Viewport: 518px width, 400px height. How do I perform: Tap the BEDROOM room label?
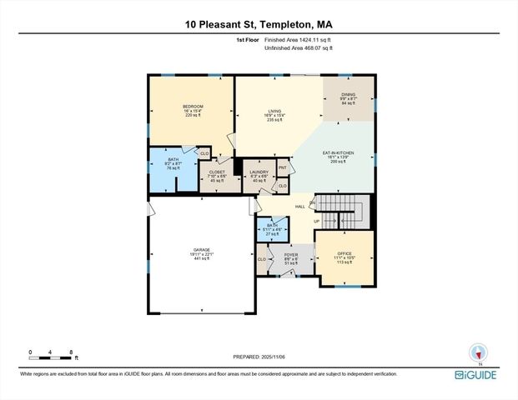pyautogui.click(x=193, y=106)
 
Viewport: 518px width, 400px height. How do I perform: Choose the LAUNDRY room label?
pyautogui.click(x=259, y=172)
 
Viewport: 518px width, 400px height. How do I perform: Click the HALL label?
pyautogui.click(x=299, y=206)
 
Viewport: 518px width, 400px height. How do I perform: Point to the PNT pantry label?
pyautogui.click(x=282, y=167)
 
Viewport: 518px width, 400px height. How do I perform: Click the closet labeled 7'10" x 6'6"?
pyautogui.click(x=217, y=176)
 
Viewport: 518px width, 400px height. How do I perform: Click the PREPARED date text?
pyautogui.click(x=259, y=357)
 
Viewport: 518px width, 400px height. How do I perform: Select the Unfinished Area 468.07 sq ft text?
pyautogui.click(x=298, y=47)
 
